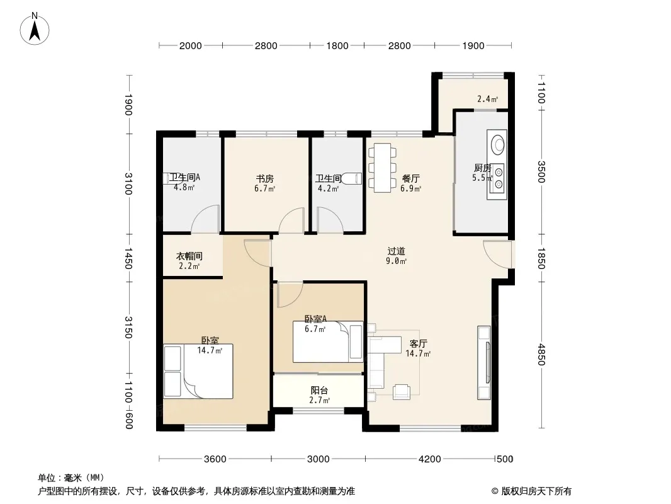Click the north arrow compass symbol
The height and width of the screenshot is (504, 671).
click(35, 29)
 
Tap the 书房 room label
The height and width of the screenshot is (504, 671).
click(264, 178)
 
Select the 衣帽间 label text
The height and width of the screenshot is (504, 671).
click(189, 256)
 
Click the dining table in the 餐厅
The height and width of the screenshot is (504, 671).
click(382, 168)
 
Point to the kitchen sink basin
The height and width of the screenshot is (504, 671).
click(497, 144)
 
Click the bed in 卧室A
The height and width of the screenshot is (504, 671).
click(328, 341)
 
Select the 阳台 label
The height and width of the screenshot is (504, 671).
click(319, 390)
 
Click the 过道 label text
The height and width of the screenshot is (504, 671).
click(396, 251)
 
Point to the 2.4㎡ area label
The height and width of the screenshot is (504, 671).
click(487, 99)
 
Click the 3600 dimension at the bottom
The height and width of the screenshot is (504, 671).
click(215, 459)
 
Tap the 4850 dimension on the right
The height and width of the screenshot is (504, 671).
click(541, 355)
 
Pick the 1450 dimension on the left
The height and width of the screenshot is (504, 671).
click(128, 258)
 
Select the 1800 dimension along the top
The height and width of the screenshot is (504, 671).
click(337, 46)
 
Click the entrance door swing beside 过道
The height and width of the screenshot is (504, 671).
click(497, 255)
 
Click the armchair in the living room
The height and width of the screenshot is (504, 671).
click(402, 392)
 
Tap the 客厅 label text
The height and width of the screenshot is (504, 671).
click(418, 343)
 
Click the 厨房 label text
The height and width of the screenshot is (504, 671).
click(482, 168)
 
